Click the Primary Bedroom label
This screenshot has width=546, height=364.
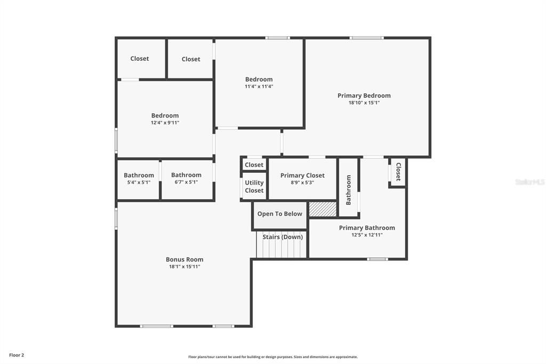click(x=364, y=96)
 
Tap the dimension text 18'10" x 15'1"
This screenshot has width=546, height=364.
click(x=364, y=102)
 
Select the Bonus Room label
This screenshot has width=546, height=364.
click(x=184, y=259)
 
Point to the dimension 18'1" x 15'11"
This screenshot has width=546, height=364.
click(x=184, y=266)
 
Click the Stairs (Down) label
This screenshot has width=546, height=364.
click(x=283, y=237)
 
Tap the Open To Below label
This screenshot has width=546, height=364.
click(x=279, y=214)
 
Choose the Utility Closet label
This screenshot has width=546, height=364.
click(x=254, y=187)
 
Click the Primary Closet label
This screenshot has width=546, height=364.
click(x=302, y=176)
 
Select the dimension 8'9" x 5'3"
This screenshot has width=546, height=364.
click(x=302, y=182)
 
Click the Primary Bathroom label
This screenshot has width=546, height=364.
click(x=367, y=228)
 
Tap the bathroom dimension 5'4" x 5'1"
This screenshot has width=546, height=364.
click(x=139, y=182)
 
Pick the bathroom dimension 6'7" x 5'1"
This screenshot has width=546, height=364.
click(x=186, y=182)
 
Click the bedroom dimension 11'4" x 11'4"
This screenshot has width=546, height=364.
click(x=259, y=86)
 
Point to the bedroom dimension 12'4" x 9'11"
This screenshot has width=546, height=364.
click(x=165, y=122)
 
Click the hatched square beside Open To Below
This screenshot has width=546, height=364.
click(x=323, y=209)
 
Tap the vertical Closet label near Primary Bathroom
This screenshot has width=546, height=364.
click(x=398, y=171)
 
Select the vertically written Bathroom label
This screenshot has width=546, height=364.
click(x=349, y=189)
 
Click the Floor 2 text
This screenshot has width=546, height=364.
click(x=17, y=355)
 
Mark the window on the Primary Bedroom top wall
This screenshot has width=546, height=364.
click(x=366, y=38)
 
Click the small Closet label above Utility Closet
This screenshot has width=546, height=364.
click(x=254, y=165)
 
